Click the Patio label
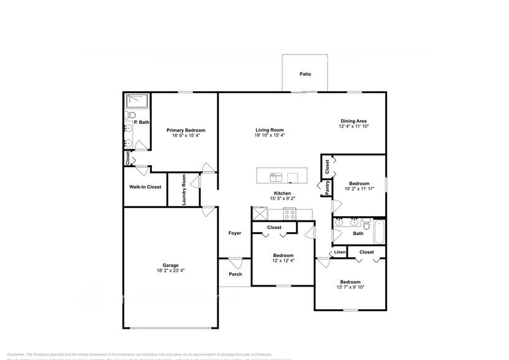click(x=305, y=74)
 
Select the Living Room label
click(x=270, y=130)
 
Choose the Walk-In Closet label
click(x=145, y=187)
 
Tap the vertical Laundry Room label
click(x=184, y=190)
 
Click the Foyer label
click(x=235, y=233)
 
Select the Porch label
click(x=235, y=274)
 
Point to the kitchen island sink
click(x=276, y=178)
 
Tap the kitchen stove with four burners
click(x=290, y=214)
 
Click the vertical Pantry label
click(x=328, y=187)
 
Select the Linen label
click(x=339, y=252)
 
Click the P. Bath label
click(x=141, y=122)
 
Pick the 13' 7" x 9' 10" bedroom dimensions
click(x=350, y=288)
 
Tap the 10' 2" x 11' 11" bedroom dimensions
click(x=359, y=189)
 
